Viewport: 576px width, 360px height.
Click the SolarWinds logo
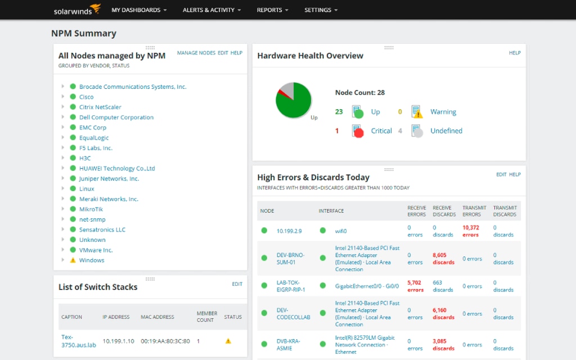coord(77,10)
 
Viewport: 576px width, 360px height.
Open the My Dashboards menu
coord(139,10)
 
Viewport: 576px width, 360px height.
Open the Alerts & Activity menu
coord(211,10)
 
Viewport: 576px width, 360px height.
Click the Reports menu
coord(272,10)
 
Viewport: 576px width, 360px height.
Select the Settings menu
coord(321,10)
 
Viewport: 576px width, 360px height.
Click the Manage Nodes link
coord(196,53)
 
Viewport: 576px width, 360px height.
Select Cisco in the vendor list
coord(87,97)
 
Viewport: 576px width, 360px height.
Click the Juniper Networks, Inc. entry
coord(109,178)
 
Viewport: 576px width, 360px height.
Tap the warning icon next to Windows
coord(73,260)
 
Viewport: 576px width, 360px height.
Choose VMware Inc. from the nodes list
coord(96,250)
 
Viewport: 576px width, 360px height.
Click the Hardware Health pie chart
coord(293,100)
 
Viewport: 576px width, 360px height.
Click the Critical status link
coord(381,130)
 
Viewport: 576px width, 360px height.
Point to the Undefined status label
coord(446,130)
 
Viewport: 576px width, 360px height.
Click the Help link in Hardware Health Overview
coord(515,53)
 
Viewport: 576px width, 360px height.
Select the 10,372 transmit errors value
coord(471,231)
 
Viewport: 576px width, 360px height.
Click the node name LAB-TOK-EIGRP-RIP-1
coord(291,286)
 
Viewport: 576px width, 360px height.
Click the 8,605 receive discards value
coord(443,258)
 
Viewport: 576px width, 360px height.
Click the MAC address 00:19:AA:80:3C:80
coord(166,341)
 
